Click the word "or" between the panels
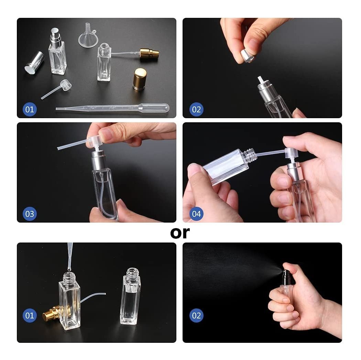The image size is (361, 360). tap(180, 233)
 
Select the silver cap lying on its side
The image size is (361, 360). tap(34, 63)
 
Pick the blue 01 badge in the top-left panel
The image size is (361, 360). tap(30, 109)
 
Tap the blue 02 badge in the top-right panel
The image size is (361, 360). tap(196, 109)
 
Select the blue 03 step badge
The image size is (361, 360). tap(30, 214)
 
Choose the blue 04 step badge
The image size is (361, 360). tap(196, 214)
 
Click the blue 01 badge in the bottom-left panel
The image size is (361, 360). tap(30, 315)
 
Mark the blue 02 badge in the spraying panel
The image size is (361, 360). tap(196, 315)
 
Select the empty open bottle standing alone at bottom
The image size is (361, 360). tap(130, 296)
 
